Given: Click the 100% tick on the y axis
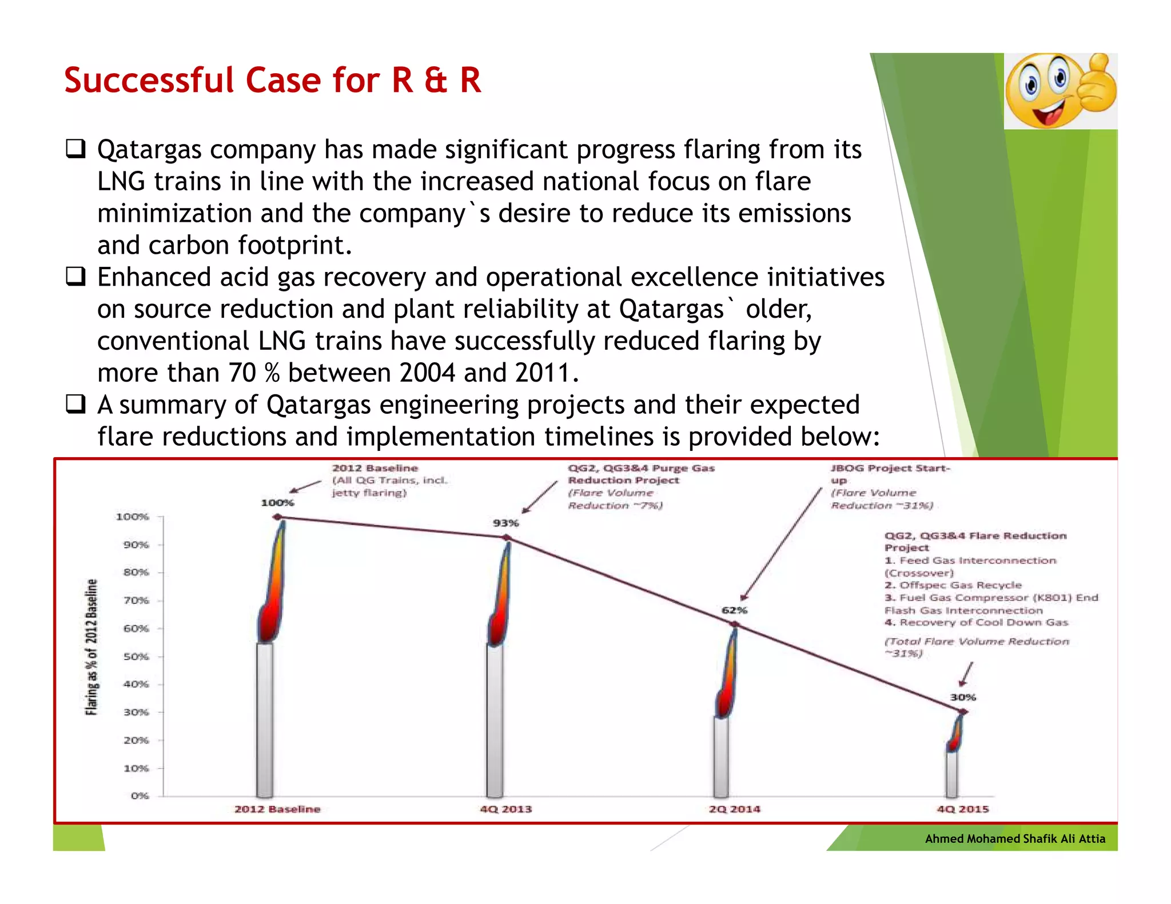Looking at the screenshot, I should (x=133, y=517).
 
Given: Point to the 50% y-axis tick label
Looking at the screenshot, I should (x=136, y=657).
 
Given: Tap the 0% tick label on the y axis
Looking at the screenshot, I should (x=140, y=796).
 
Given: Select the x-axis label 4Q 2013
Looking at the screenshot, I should (x=505, y=809).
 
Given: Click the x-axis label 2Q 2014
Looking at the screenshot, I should (x=734, y=809).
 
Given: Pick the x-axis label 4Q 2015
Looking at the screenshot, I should (x=962, y=809).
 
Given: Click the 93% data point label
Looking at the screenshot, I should (x=505, y=523).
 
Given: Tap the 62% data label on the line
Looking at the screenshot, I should (x=734, y=610).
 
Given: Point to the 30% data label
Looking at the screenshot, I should (x=963, y=697).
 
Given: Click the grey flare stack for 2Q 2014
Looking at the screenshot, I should (x=722, y=757).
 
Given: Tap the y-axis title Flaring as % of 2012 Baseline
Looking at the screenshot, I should (x=91, y=647).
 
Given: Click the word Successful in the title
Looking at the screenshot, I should (x=149, y=80).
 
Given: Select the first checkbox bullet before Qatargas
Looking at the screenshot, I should (x=75, y=149).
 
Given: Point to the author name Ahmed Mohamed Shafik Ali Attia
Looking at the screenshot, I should (x=1015, y=839).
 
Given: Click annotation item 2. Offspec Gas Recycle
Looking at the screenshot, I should (x=953, y=585).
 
